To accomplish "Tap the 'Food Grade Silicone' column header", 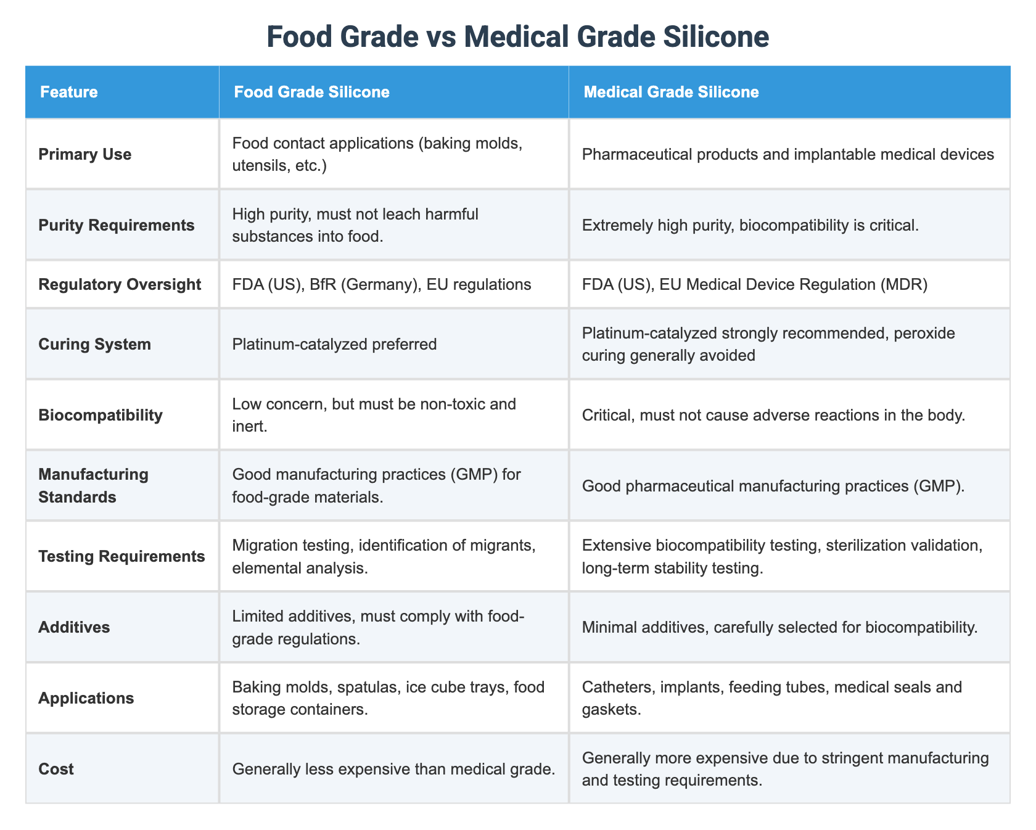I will pyautogui.click(x=311, y=92).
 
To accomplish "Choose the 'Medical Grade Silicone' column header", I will pyautogui.click(x=671, y=92).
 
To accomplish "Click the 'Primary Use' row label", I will pyautogui.click(x=85, y=154).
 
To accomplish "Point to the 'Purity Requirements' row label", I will pyautogui.click(x=117, y=225).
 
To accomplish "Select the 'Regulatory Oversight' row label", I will pyautogui.click(x=120, y=284).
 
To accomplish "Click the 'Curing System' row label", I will pyautogui.click(x=94, y=344).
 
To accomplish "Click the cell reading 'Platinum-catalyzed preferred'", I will pyautogui.click(x=334, y=344).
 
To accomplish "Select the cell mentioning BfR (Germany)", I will pyautogui.click(x=382, y=284).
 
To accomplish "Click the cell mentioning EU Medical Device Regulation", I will pyautogui.click(x=755, y=284).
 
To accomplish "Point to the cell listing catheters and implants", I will pyautogui.click(x=771, y=698).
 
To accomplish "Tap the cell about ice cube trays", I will pyautogui.click(x=388, y=698).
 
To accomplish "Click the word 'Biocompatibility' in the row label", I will pyautogui.click(x=101, y=414).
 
